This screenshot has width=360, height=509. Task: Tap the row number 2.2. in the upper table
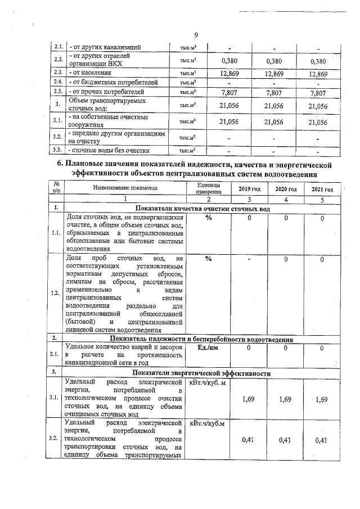pos(57,60)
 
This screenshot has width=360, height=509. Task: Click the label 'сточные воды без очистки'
pos(109,150)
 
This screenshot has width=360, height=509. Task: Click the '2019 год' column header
pos(249,189)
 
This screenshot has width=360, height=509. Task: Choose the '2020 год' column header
pos(286,189)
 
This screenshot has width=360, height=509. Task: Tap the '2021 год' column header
pos(322,190)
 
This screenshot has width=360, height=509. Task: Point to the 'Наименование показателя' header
pos(125,188)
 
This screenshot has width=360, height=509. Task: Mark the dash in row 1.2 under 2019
pos(249,259)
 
